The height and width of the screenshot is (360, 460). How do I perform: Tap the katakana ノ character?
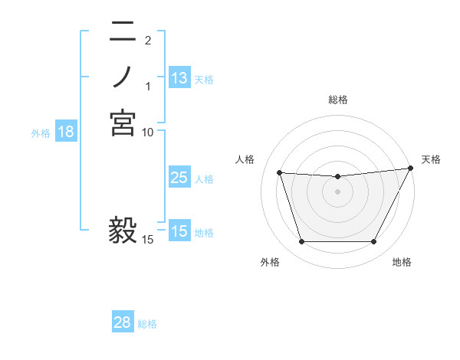[123, 77]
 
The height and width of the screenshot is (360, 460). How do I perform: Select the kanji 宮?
[123, 123]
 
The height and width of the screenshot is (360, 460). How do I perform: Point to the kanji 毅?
[123, 231]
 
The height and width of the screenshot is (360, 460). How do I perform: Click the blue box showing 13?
[179, 77]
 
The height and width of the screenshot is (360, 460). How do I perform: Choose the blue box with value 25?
[179, 178]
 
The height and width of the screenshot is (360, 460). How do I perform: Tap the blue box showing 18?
[66, 132]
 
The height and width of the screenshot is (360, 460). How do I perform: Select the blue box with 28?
[122, 322]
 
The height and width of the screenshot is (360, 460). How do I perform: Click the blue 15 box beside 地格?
[179, 231]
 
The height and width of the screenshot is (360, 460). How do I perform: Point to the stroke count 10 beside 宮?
[148, 132]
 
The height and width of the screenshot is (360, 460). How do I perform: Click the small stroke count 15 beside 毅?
[148, 240]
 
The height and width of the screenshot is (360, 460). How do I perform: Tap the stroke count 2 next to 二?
[148, 40]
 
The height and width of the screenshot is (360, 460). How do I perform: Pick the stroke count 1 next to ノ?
[148, 86]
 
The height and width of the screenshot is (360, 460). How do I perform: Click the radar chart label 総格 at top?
[337, 100]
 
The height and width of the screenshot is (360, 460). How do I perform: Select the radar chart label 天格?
[431, 159]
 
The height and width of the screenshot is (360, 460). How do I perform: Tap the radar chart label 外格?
[270, 262]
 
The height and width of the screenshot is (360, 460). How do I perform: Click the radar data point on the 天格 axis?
[411, 169]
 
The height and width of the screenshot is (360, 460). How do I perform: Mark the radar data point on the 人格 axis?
[279, 173]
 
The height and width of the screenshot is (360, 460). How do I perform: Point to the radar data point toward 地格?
[373, 242]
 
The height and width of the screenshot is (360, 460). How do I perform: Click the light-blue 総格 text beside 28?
[148, 324]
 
